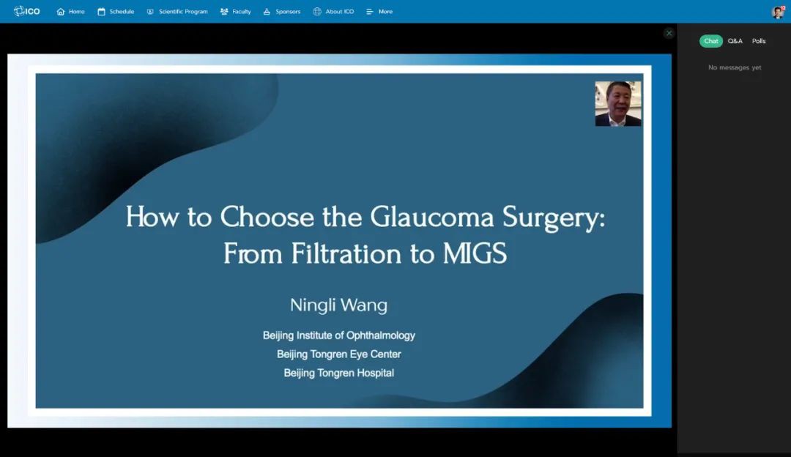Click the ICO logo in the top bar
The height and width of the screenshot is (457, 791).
[27, 11]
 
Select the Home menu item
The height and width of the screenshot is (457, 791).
[70, 12]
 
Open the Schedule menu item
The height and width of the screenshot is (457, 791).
[116, 12]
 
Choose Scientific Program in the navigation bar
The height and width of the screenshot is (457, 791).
[177, 12]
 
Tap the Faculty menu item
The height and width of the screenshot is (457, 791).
[236, 12]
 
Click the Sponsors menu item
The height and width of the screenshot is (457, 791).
[281, 12]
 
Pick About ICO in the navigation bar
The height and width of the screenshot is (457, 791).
[333, 12]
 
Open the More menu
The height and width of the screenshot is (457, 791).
[379, 12]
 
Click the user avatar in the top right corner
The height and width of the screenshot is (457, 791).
[779, 12]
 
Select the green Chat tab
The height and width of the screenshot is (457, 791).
[710, 41]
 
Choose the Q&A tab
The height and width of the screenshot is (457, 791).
[735, 41]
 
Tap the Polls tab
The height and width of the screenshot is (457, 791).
[759, 41]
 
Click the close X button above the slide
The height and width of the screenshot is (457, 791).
[669, 33]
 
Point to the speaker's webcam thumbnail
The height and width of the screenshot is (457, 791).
[618, 103]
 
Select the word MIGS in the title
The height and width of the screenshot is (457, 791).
[475, 253]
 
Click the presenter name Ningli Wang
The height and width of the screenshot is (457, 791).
[338, 305]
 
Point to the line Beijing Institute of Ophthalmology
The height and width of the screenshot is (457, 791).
[339, 335]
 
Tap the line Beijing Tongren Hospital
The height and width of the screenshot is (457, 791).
[339, 374]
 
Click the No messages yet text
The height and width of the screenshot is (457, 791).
[735, 67]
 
